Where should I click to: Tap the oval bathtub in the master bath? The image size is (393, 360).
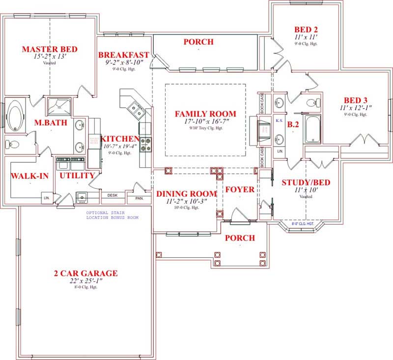pyautogui.click(x=16, y=116)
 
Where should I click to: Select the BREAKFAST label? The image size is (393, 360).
pyautogui.click(x=124, y=55)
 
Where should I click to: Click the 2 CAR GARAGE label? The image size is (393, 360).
pyautogui.click(x=85, y=273)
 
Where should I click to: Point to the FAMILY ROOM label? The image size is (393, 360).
pyautogui.click(x=205, y=114)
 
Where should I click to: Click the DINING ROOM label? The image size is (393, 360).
pyautogui.click(x=186, y=193)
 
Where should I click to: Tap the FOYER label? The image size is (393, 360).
pyautogui.click(x=240, y=189)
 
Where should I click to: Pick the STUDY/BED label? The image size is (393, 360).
pyautogui.click(x=306, y=183)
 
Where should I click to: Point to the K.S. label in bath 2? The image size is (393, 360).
pyautogui.click(x=279, y=120)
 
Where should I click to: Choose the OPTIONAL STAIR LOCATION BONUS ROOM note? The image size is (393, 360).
pyautogui.click(x=112, y=215)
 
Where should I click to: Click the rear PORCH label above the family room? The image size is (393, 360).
pyautogui.click(x=198, y=42)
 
